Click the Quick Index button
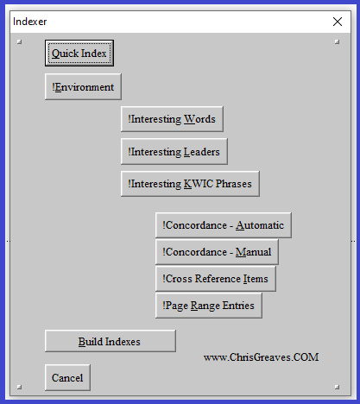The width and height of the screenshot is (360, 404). [79, 54]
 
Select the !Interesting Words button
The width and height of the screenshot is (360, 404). [172, 119]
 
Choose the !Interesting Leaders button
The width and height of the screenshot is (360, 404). [174, 152]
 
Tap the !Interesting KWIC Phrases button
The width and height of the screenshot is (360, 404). [190, 184]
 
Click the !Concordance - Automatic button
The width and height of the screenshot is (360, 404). [224, 225]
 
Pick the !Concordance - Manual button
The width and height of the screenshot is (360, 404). [217, 252]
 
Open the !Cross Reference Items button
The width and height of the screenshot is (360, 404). [216, 279]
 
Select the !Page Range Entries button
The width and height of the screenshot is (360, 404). [209, 306]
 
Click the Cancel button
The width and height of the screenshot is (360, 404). [67, 377]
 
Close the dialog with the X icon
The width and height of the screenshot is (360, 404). [338, 22]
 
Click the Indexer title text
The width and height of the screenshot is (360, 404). [30, 22]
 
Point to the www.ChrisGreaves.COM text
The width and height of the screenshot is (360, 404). [262, 357]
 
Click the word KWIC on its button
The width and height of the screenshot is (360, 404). [199, 184]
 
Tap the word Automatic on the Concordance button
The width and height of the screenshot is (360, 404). [260, 225]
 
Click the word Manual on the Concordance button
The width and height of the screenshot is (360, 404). [253, 252]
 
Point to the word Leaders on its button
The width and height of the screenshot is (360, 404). [201, 152]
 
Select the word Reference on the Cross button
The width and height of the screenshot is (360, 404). [218, 279]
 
